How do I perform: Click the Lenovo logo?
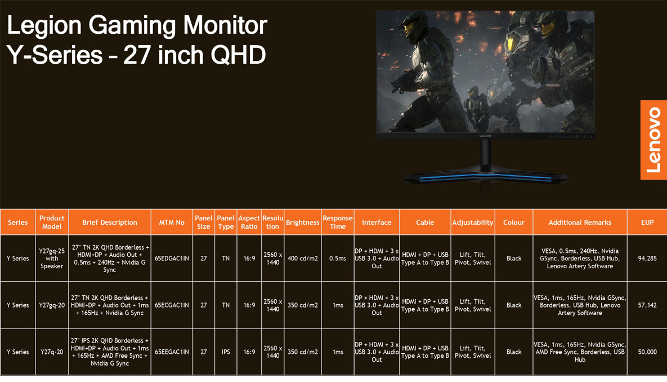coord(653,140)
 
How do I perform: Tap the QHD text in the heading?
coord(238,55)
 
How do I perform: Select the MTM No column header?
coord(172,223)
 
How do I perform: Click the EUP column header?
coord(647,223)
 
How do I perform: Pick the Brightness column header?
coord(302,223)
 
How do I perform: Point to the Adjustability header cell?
coord(473,223)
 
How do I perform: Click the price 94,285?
coord(647,258)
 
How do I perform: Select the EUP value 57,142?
coord(647,305)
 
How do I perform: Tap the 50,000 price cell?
coord(647,352)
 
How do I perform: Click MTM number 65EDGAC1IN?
coord(172,258)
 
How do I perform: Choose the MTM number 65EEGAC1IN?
coord(172,352)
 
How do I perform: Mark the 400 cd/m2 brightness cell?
coord(302,258)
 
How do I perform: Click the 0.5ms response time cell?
coord(338,258)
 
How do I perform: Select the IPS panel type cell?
coord(226,352)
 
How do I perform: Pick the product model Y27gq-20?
coord(52,305)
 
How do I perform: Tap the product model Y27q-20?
coord(52,352)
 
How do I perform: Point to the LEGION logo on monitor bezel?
coord(485,136)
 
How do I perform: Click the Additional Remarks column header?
coord(580,223)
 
